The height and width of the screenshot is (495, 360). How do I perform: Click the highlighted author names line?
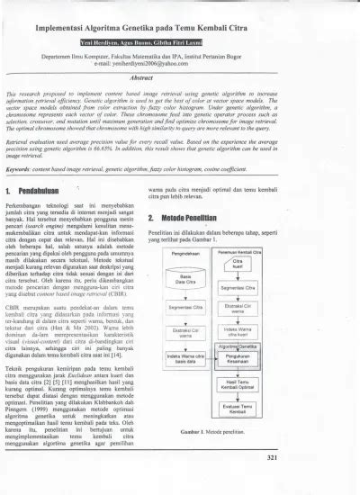(179, 42)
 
